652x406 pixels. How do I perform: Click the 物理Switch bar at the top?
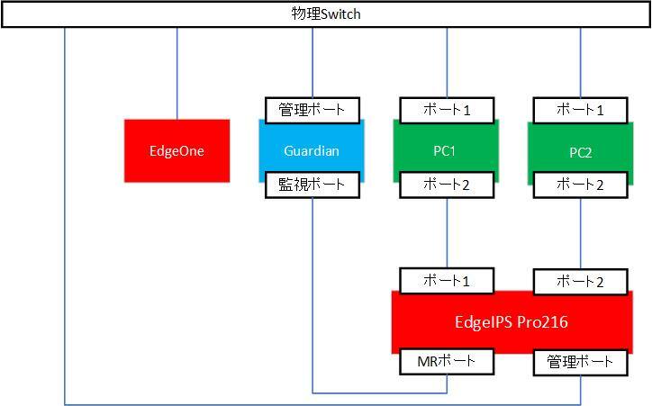click(326, 15)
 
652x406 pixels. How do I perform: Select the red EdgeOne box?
click(177, 150)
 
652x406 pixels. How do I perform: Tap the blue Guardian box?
click(312, 150)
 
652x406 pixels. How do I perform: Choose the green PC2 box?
click(580, 151)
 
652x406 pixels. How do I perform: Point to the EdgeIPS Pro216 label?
click(511, 321)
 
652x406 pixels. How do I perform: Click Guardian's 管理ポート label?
click(312, 110)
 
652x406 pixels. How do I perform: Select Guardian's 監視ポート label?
click(312, 185)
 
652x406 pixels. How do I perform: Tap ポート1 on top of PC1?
click(447, 110)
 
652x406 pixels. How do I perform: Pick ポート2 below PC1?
click(447, 185)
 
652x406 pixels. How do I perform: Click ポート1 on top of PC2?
click(581, 110)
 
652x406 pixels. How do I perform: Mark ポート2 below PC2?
click(581, 185)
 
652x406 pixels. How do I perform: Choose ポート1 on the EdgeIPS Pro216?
click(447, 280)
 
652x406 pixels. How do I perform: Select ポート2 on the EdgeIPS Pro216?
click(581, 282)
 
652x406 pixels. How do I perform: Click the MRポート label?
click(447, 362)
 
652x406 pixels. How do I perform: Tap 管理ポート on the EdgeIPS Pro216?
click(581, 362)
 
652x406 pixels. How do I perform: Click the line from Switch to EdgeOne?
click(177, 72)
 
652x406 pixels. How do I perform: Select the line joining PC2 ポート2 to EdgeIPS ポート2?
click(581, 234)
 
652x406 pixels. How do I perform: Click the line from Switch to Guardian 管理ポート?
click(312, 63)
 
